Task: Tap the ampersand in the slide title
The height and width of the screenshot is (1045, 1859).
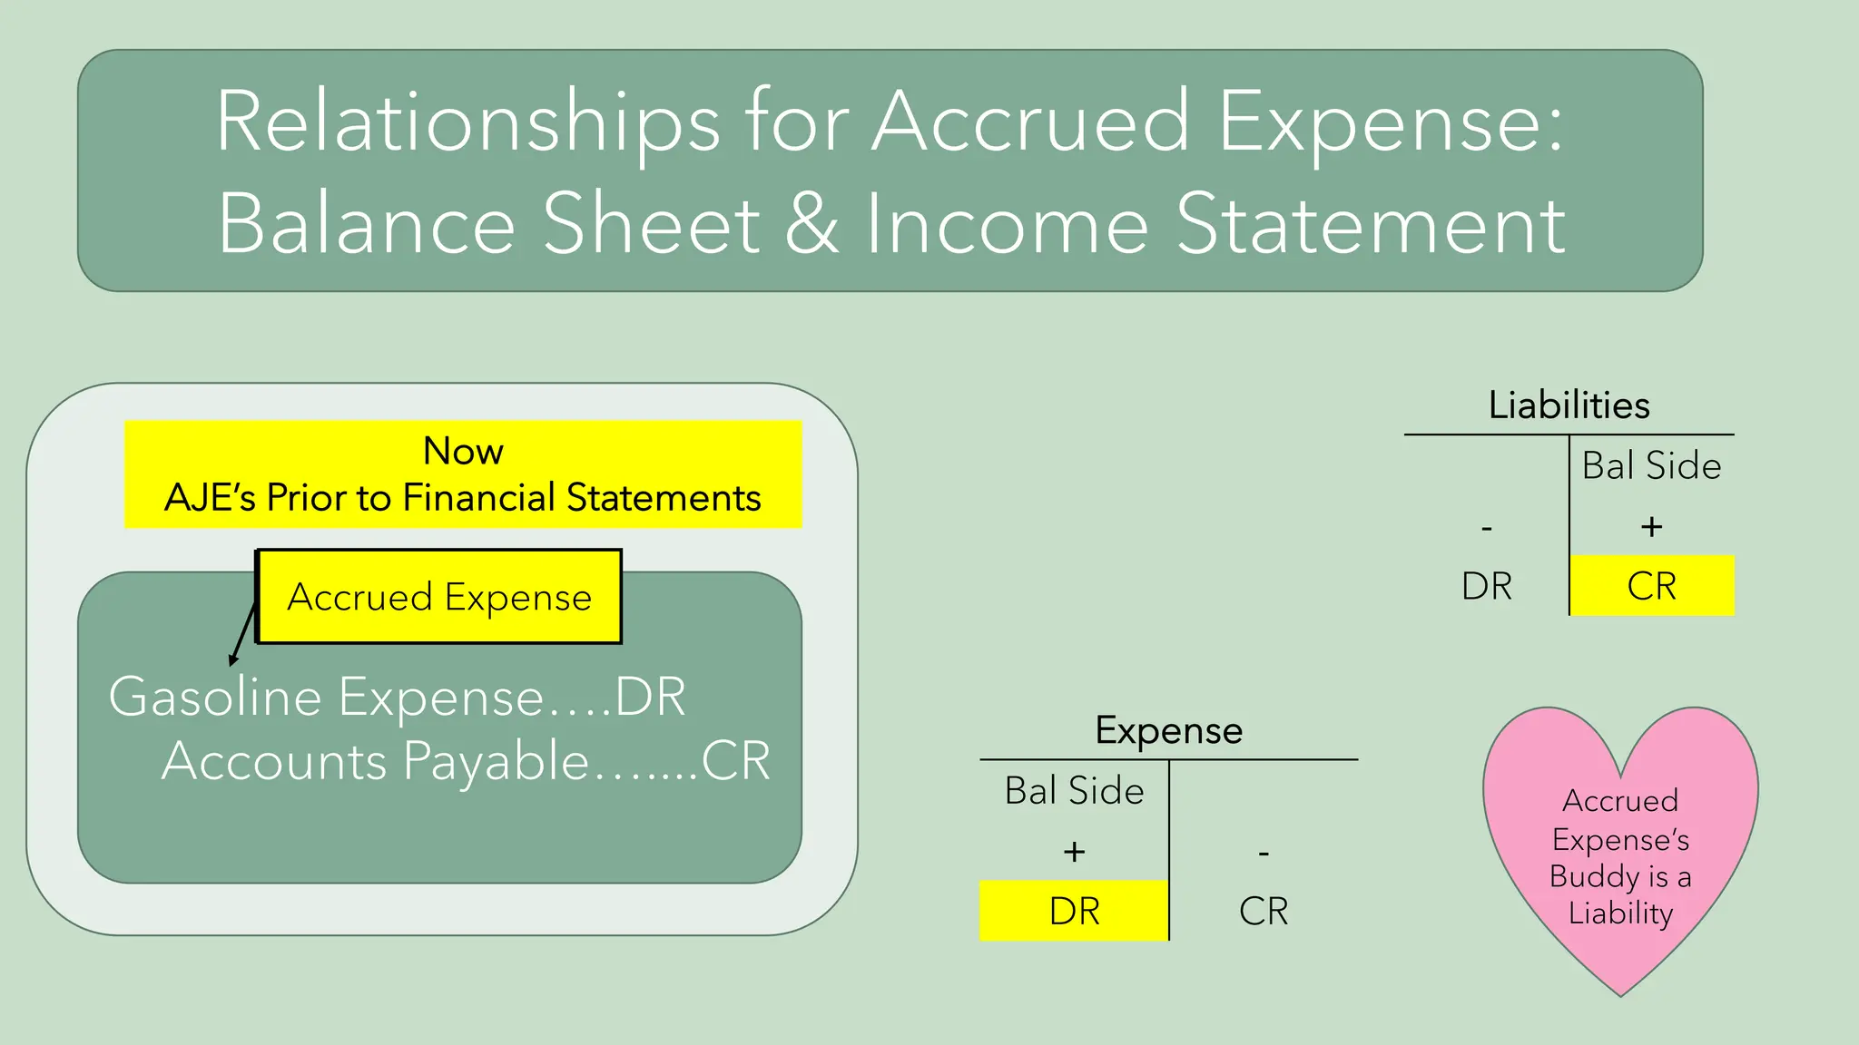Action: click(811, 224)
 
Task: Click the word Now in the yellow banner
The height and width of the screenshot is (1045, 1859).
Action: click(463, 451)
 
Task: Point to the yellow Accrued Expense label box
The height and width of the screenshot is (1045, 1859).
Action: click(440, 597)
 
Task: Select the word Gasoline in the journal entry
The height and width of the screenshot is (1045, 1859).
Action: click(215, 697)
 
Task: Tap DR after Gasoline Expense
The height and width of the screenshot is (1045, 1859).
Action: click(650, 697)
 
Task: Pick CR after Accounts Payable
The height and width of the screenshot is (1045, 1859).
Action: click(735, 760)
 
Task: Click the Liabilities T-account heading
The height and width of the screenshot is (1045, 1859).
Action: click(1569, 405)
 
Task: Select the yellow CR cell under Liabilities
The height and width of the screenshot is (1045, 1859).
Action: click(1652, 586)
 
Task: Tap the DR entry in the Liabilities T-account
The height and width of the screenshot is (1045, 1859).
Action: click(1487, 586)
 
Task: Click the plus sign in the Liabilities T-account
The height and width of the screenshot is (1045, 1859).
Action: click(1652, 526)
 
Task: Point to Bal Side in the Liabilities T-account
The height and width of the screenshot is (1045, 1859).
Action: click(1652, 465)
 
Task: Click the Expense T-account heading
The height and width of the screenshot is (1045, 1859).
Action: click(1169, 730)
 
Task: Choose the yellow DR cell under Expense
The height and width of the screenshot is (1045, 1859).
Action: click(1074, 911)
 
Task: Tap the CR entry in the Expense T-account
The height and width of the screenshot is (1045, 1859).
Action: click(1264, 911)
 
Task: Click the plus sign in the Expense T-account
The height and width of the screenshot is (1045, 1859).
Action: click(1074, 851)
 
